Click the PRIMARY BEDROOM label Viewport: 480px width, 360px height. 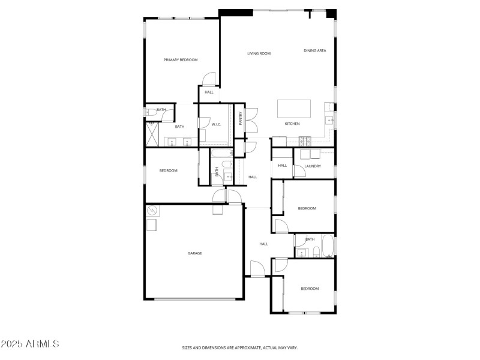coord(181,60)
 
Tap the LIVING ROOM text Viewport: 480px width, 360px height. coord(259,53)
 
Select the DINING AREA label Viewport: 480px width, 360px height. coord(314,51)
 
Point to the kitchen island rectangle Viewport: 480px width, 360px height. coord(293,109)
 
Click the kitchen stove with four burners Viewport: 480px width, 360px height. coord(305,142)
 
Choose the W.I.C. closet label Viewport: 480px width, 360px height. coord(216,124)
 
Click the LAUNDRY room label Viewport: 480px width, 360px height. coord(313,166)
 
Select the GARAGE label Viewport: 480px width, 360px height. coord(194,253)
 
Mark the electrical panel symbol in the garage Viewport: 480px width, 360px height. coord(152,211)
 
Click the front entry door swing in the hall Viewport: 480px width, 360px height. coord(257,268)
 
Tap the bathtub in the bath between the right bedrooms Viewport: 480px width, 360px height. coord(328,246)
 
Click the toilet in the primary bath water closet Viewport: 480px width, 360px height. coord(148,112)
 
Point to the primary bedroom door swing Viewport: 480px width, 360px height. coord(208,79)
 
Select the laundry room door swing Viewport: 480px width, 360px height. coord(299,172)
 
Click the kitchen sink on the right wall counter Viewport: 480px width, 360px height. coord(329,121)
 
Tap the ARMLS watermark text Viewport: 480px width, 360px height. coord(30,344)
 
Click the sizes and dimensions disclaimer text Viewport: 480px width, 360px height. coord(240,347)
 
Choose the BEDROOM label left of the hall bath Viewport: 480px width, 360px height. coord(168,171)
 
